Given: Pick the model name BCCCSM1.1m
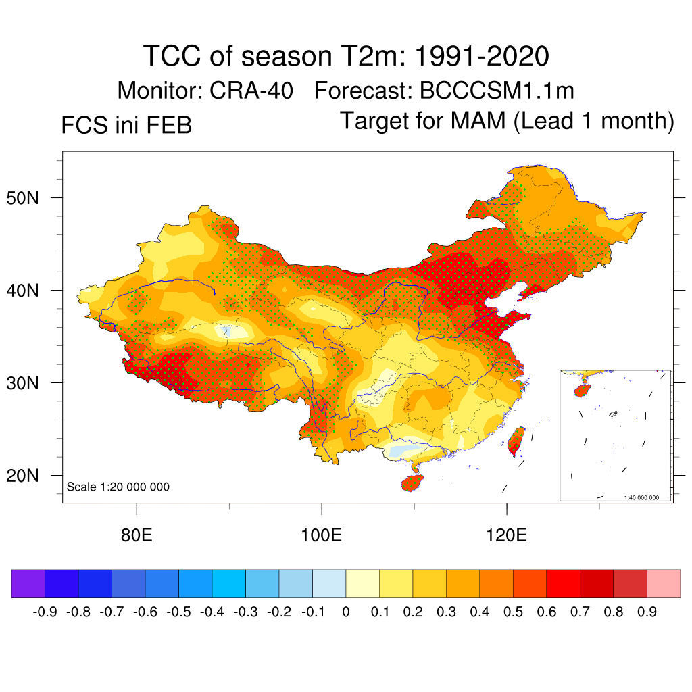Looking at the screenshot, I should point(497,91).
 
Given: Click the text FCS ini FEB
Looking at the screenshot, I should point(126,125).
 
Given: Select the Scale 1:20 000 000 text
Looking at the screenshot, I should point(118,487).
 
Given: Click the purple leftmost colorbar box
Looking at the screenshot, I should point(28,583).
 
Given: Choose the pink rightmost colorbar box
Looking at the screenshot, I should point(664,583).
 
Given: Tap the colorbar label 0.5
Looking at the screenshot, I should point(513,612).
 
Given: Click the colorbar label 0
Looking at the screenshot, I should point(346,612).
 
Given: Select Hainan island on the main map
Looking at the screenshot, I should point(412,482).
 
